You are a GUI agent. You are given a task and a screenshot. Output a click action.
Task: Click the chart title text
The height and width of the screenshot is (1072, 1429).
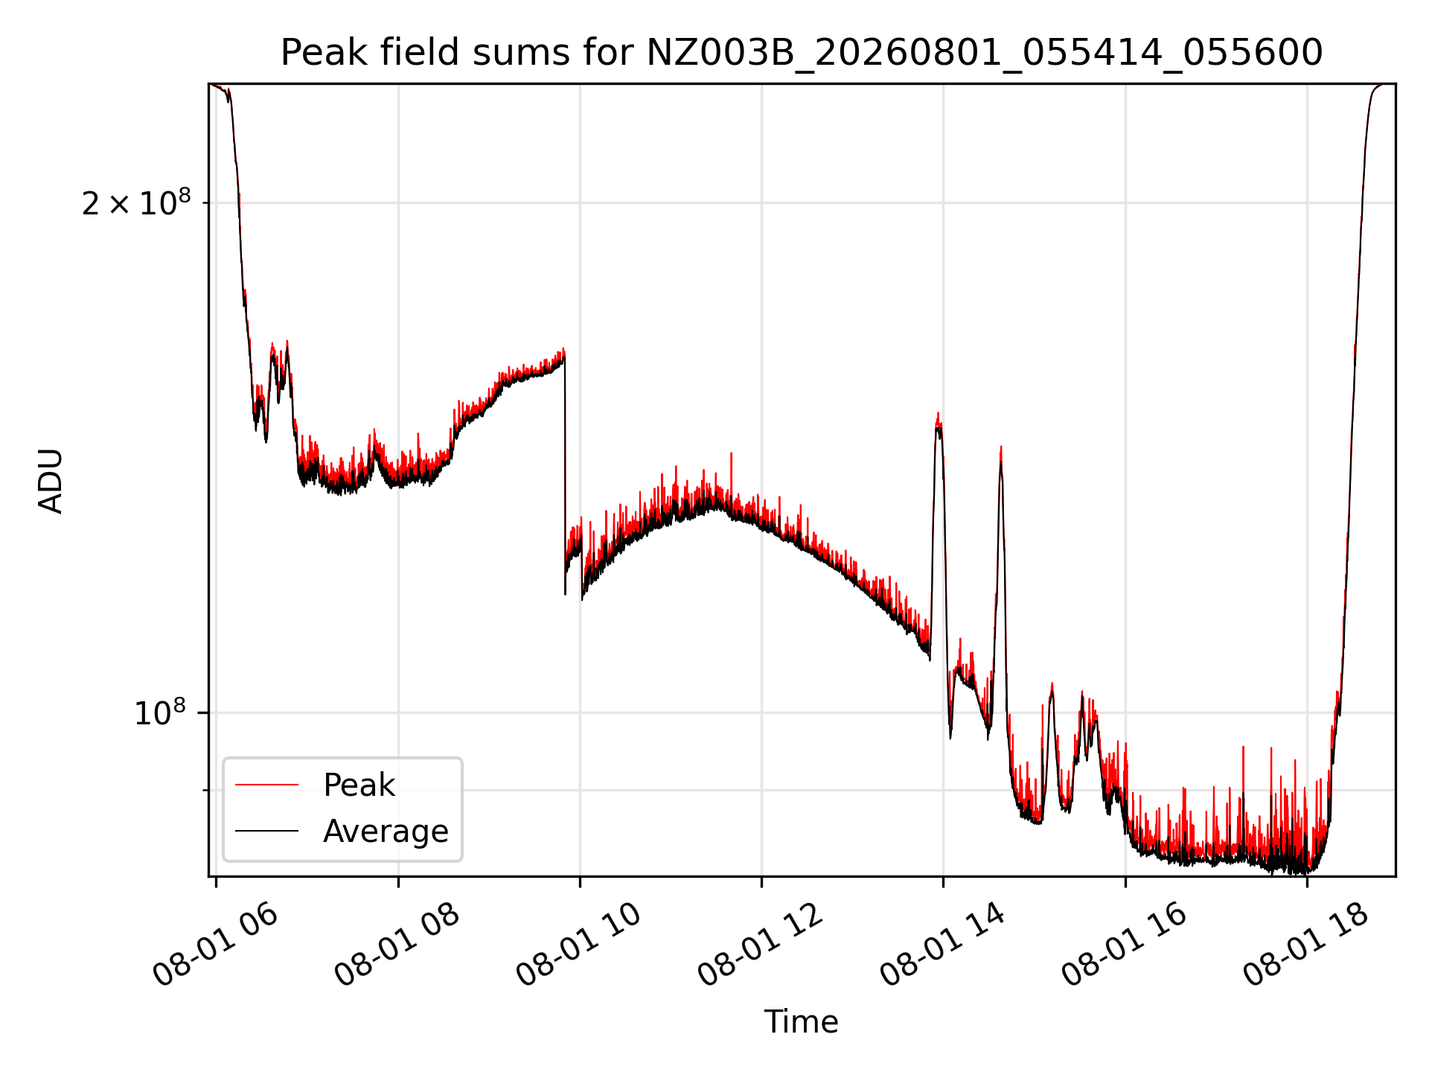tap(802, 53)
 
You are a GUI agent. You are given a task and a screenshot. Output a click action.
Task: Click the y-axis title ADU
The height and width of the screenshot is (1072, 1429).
tap(51, 481)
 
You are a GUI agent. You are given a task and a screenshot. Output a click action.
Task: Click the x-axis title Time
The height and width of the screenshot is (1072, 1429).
tap(802, 1022)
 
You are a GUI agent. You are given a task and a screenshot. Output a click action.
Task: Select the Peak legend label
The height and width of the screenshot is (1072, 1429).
tap(359, 785)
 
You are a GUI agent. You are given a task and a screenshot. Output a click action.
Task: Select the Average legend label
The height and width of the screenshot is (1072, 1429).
tap(386, 831)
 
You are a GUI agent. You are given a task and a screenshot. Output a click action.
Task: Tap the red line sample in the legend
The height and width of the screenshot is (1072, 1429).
tap(266, 785)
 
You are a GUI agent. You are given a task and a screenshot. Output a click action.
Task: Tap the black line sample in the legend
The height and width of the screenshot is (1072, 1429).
tap(266, 831)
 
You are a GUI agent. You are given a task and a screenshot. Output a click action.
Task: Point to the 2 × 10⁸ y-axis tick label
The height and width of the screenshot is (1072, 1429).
tap(136, 202)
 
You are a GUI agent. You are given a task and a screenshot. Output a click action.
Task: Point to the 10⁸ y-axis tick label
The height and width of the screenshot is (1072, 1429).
tap(162, 712)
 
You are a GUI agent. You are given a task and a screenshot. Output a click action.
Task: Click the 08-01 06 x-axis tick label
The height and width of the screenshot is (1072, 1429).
tap(215, 945)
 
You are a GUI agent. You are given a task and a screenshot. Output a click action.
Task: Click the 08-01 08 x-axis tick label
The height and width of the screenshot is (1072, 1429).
tap(397, 945)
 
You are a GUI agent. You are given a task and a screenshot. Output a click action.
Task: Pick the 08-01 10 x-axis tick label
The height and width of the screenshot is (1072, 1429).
tap(578, 945)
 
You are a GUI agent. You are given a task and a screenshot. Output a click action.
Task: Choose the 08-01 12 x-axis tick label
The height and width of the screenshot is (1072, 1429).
tap(760, 945)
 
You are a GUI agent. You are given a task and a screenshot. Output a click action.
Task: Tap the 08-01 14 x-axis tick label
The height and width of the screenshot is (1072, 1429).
tap(942, 945)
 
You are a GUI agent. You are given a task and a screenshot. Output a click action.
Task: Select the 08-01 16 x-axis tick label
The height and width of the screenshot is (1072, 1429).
tap(1124, 945)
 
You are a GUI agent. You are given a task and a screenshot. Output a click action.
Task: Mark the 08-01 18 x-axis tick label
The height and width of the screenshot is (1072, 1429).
tap(1305, 945)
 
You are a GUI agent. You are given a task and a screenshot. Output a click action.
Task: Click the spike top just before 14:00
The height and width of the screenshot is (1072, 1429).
tap(938, 414)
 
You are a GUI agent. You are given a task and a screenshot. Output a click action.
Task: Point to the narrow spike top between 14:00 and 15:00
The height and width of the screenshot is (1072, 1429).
tap(1001, 447)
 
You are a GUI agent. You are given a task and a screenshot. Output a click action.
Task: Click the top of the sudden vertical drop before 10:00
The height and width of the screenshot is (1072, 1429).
tap(564, 350)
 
